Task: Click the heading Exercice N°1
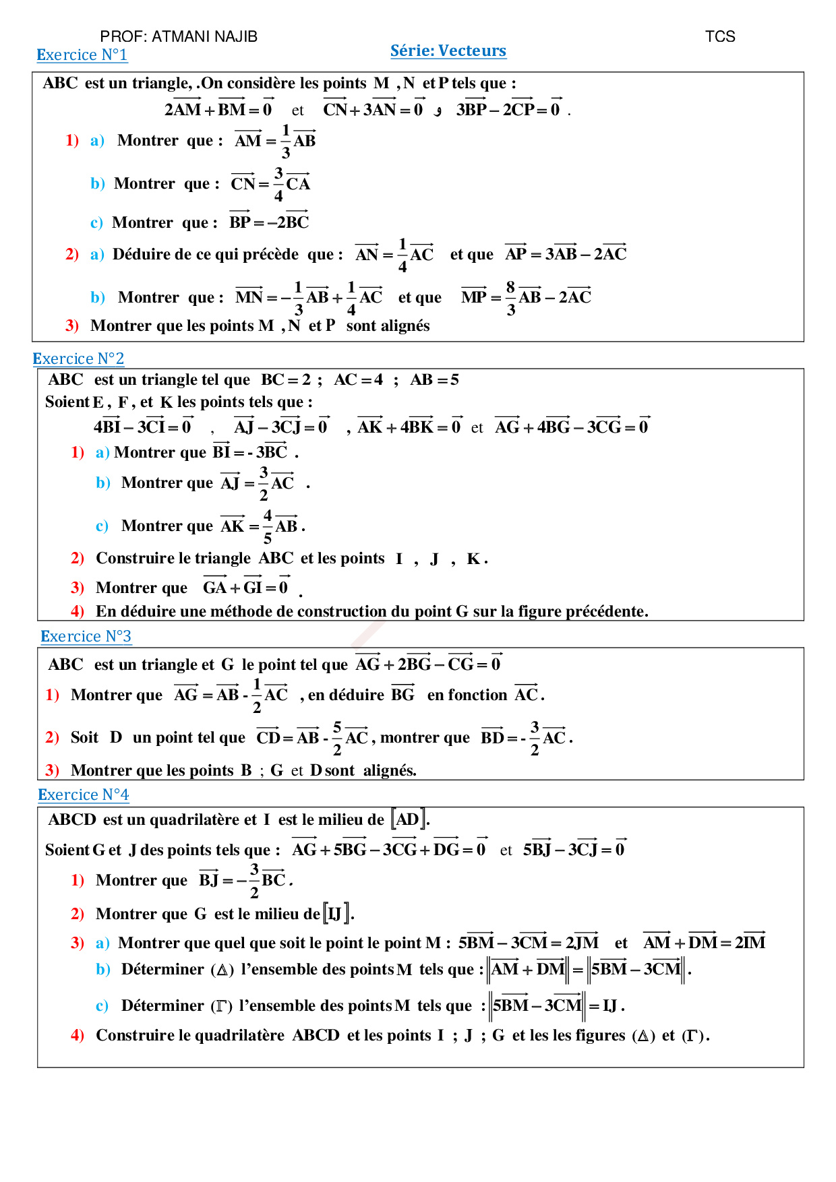[82, 55]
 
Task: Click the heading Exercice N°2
[78, 359]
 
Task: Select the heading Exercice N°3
[86, 636]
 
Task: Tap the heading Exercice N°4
[83, 795]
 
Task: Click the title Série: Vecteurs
[448, 51]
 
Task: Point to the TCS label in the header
[719, 36]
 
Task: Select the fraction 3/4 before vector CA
[278, 184]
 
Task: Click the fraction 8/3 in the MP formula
[510, 298]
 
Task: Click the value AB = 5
[434, 380]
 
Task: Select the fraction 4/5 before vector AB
[268, 526]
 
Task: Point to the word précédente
[606, 611]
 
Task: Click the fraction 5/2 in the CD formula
[337, 738]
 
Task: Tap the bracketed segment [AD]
[409, 819]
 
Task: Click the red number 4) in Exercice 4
[78, 1035]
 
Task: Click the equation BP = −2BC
[269, 222]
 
